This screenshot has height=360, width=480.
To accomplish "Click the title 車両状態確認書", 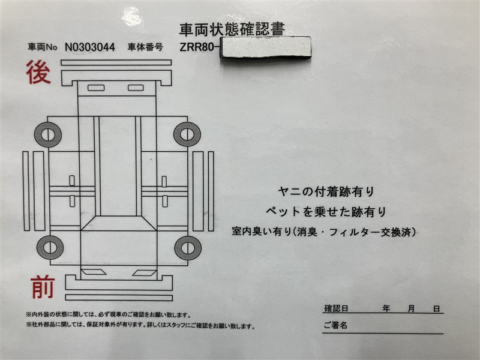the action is [232, 29].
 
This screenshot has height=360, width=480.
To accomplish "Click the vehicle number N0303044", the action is [90, 47].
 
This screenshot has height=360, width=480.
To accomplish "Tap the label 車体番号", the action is [145, 47].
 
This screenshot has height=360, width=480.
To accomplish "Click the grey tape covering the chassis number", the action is [266, 47].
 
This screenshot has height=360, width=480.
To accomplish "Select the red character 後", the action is [38, 72].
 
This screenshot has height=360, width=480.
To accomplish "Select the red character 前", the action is [43, 287].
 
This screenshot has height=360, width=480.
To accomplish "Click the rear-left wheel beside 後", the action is [48, 134].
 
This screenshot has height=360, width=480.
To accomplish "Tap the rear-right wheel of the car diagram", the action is [187, 134].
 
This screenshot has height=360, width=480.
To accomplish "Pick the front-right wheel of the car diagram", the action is [188, 248].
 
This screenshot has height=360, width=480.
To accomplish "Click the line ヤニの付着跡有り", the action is [326, 192].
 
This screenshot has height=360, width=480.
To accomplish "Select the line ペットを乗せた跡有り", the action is [326, 212].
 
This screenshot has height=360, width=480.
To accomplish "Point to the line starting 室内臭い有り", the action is [324, 232].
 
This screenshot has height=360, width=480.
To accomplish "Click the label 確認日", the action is [336, 308].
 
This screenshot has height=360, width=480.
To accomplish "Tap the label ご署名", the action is [335, 325].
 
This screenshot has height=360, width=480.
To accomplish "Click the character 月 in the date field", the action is [411, 308].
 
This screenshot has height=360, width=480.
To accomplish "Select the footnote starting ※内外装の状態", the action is [109, 314].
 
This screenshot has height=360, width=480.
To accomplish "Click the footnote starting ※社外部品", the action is [140, 326].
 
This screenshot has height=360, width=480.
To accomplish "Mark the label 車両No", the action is [43, 47].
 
